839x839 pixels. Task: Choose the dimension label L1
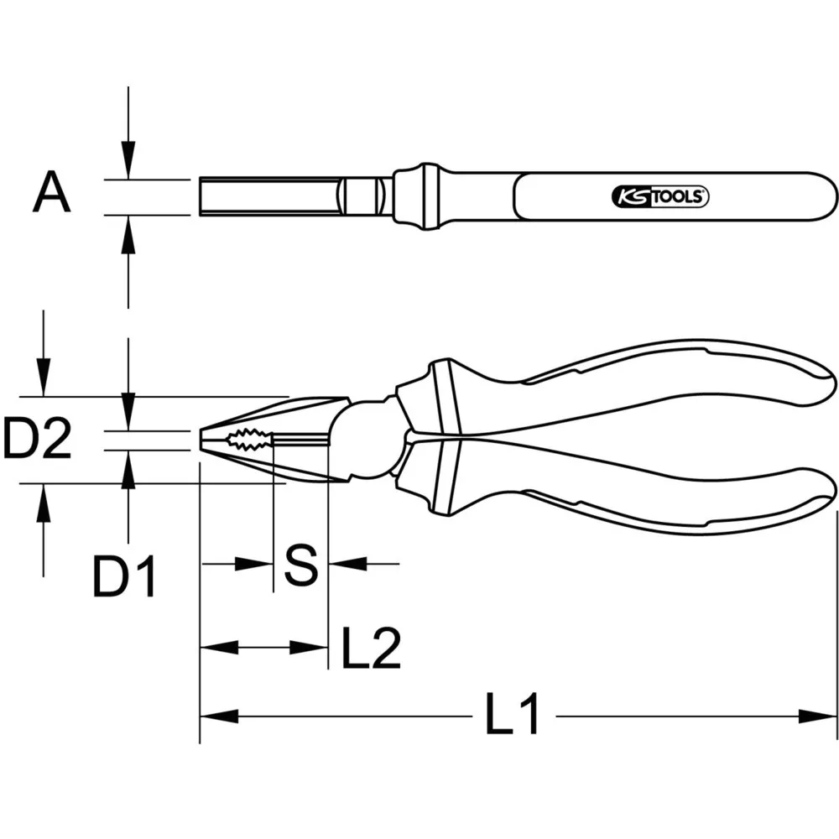coord(512,716)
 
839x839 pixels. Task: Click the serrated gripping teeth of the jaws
coord(248,439)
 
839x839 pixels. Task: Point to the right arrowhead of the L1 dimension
coord(817,716)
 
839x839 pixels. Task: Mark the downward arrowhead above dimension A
coord(128,159)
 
